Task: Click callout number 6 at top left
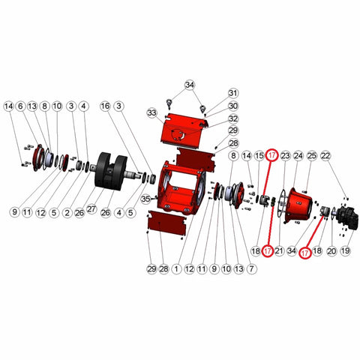[20, 106]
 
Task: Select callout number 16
[105, 106]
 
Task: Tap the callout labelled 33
[152, 113]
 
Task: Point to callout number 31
[233, 93]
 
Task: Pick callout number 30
[233, 106]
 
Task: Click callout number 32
[233, 118]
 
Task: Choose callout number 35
[145, 199]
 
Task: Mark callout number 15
[259, 156]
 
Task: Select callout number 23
[285, 156]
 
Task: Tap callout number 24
[298, 156]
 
